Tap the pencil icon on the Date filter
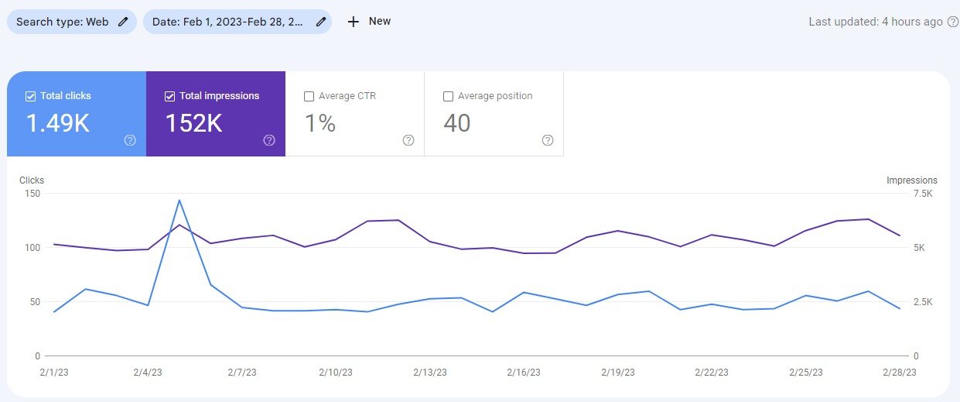[321, 22]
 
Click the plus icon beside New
[354, 22]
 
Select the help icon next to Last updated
[952, 22]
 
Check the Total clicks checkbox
[31, 96]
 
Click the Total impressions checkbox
[170, 96]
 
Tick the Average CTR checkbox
[309, 96]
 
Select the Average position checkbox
[448, 96]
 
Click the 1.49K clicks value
[58, 123]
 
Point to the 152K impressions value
[193, 123]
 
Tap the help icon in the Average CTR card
[408, 140]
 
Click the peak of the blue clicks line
[179, 201]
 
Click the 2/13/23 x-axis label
[429, 373]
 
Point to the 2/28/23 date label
[900, 373]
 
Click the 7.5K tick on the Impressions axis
[923, 194]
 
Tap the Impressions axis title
[912, 180]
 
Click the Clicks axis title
[32, 180]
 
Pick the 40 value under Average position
[457, 123]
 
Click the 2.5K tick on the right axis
[923, 302]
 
